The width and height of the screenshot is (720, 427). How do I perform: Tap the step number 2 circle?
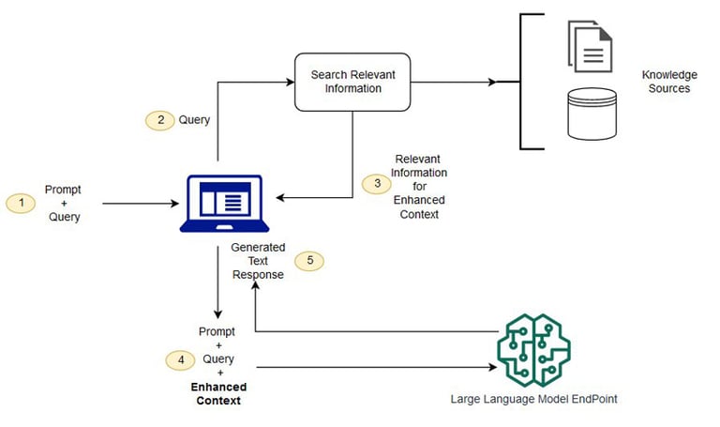click(159, 120)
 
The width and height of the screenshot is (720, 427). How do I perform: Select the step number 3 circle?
click(378, 184)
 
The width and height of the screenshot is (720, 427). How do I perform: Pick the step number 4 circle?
click(180, 358)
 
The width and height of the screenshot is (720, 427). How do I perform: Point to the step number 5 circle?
click(309, 261)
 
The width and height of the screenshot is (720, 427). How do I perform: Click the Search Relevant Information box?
click(352, 82)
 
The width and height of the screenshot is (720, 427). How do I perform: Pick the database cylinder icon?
click(591, 114)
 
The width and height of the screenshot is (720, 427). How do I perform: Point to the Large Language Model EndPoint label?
click(532, 399)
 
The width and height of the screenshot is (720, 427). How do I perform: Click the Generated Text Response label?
click(258, 262)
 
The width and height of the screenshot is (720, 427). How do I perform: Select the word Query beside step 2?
click(195, 120)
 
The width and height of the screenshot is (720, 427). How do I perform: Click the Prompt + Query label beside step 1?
click(63, 202)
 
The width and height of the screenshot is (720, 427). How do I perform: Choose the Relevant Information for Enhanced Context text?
click(421, 186)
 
